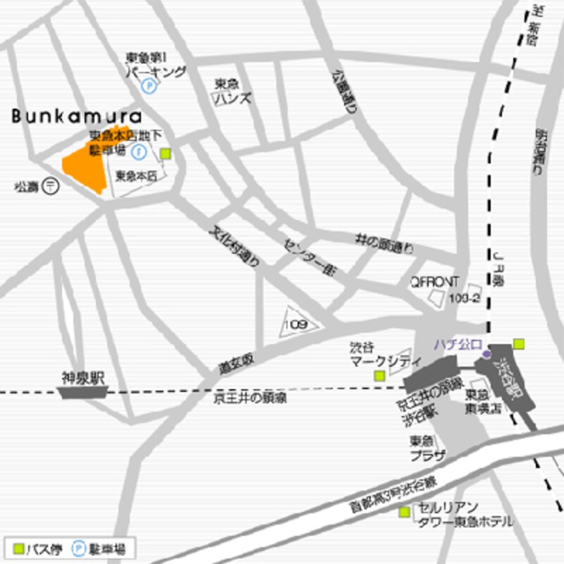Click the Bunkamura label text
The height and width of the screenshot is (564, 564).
point(76,116)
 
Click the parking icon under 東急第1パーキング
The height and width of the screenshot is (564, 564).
point(149,86)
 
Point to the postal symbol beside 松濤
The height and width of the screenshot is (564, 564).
point(51,186)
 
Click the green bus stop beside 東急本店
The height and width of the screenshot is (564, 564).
point(165,153)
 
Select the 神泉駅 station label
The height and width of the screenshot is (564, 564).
point(82,379)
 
